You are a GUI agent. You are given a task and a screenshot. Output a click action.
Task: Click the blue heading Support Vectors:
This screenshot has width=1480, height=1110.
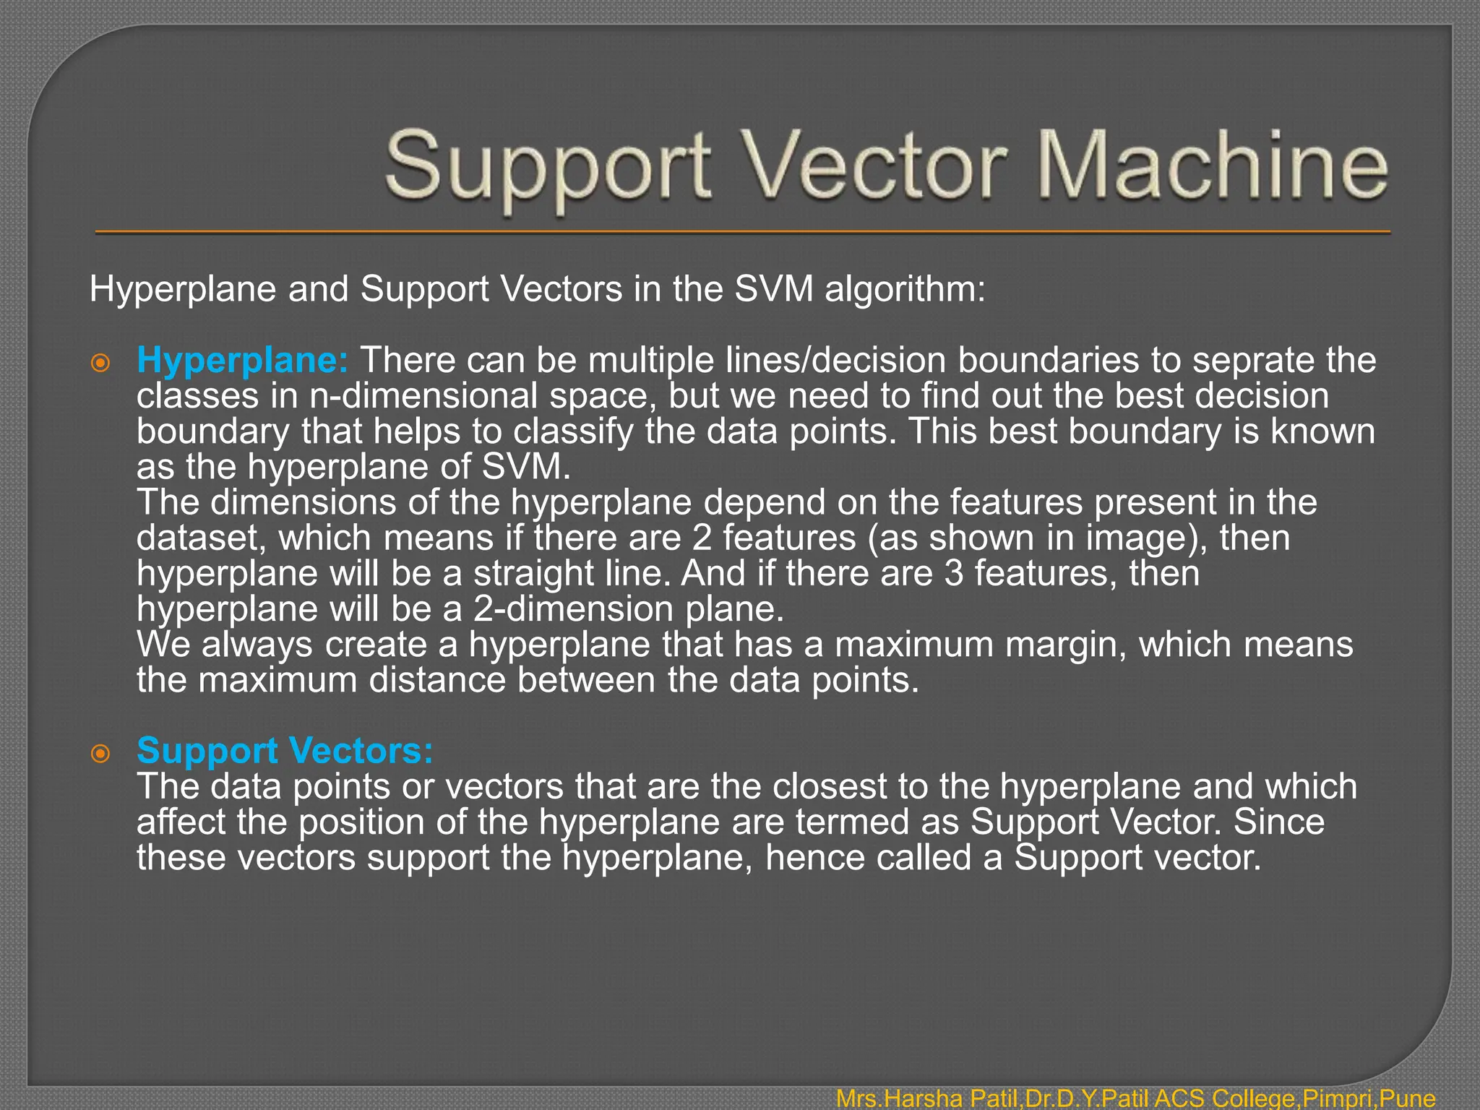285,751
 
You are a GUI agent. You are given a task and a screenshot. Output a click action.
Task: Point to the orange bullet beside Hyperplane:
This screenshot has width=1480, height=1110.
100,363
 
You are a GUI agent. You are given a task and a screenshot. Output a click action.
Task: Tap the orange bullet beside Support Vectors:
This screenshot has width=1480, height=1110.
100,754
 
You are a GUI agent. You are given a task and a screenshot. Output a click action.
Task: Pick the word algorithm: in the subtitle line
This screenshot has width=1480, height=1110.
905,289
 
